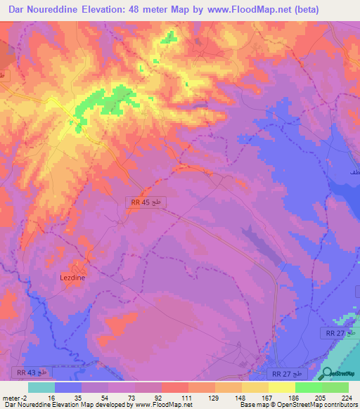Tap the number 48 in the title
click(x=155, y=10)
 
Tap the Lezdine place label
click(x=72, y=277)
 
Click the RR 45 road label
click(x=139, y=202)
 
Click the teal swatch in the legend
click(x=41, y=387)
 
